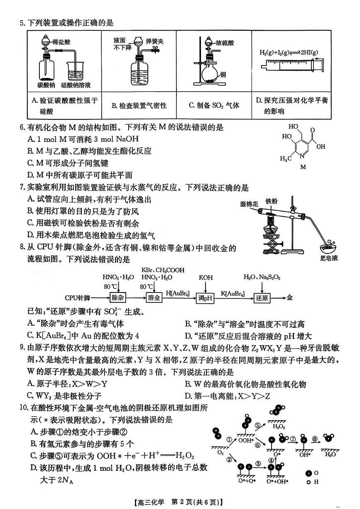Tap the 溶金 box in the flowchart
(154, 297)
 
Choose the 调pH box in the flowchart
(205, 298)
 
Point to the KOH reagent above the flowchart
(205, 277)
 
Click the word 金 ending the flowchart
(290, 297)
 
